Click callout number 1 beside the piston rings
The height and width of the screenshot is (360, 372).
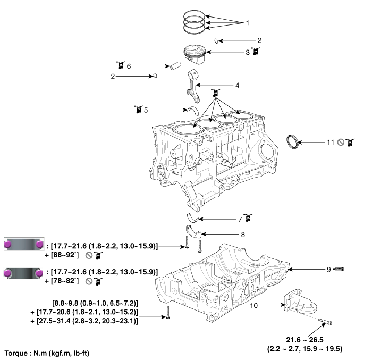[x=247, y=23]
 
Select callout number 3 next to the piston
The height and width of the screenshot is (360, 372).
[x=247, y=52]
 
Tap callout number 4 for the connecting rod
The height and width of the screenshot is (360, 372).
[x=238, y=85]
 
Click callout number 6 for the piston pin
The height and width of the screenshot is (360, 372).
[x=128, y=66]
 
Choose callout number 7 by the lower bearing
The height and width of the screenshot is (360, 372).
[x=240, y=218]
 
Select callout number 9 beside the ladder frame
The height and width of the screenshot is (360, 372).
[x=329, y=270]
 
